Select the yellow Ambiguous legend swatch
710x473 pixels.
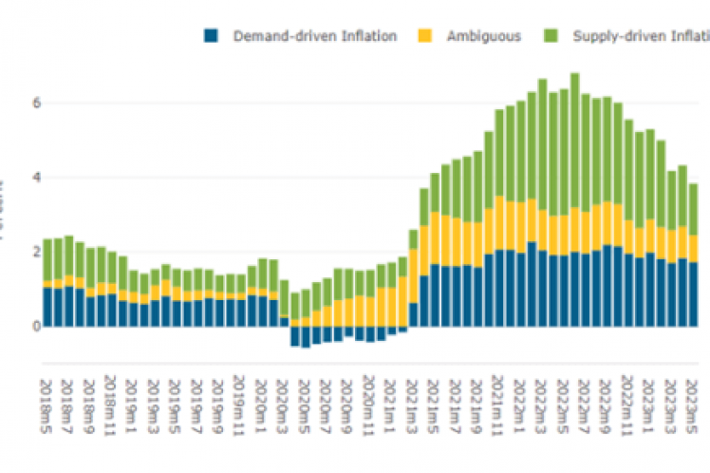tap(424, 36)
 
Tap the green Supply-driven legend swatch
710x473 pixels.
tap(551, 36)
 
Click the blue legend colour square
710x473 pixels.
tap(211, 36)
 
